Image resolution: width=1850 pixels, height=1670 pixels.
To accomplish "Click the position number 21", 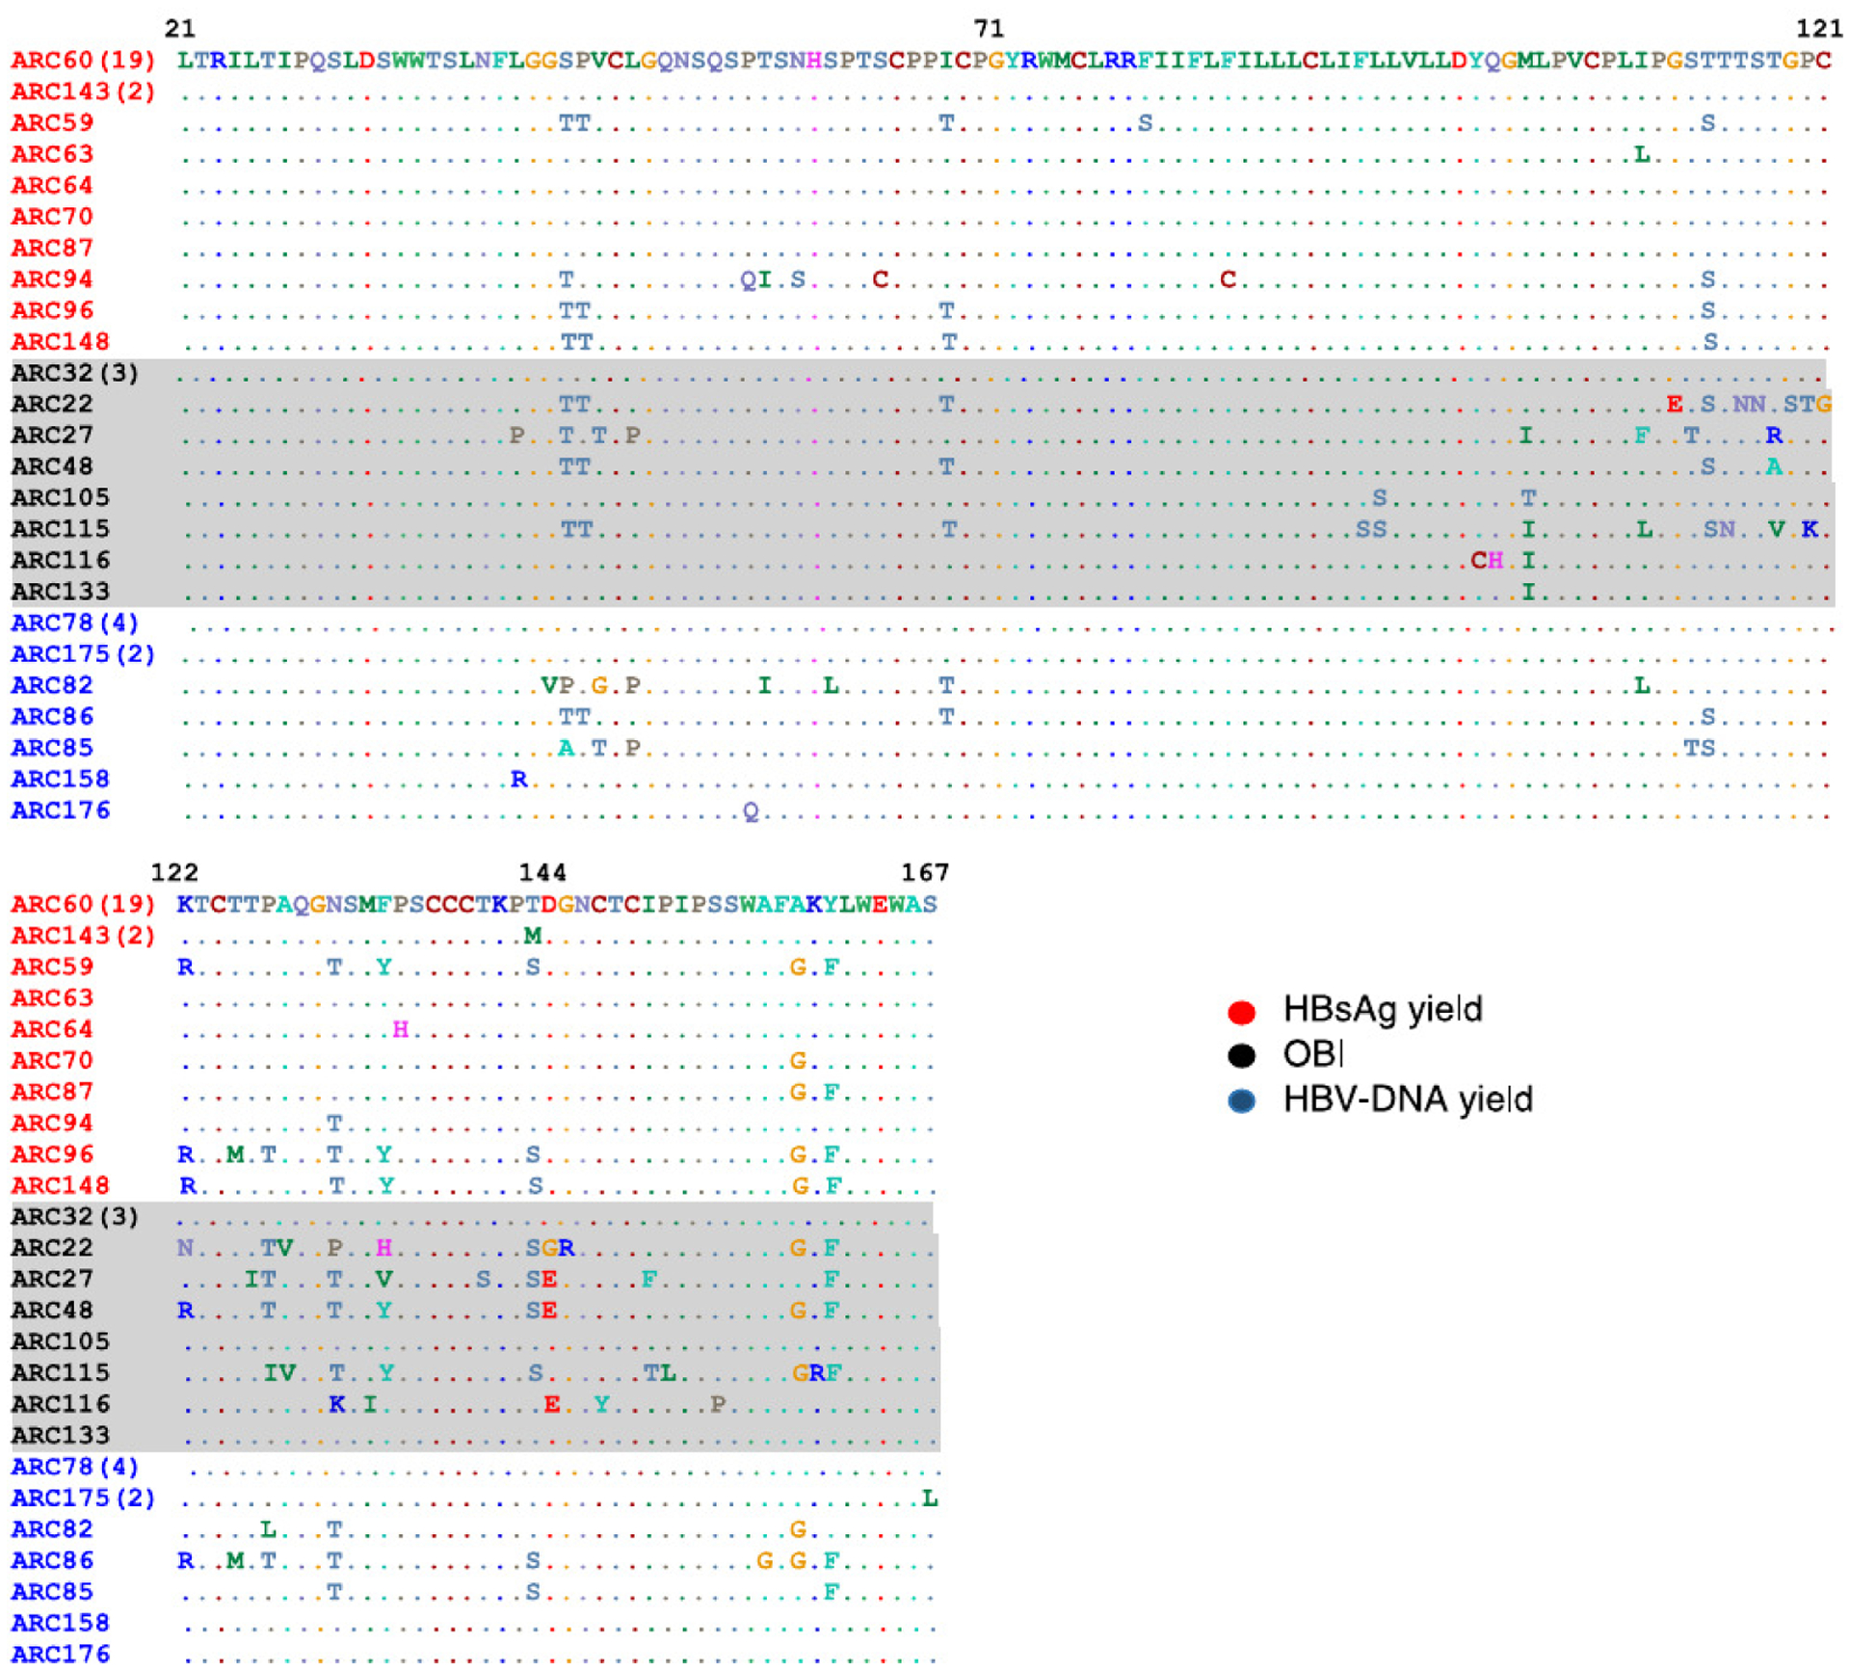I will (x=180, y=28).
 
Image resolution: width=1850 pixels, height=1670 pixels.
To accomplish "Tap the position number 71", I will (x=988, y=28).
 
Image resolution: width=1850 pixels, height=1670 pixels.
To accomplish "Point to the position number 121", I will (x=1818, y=28).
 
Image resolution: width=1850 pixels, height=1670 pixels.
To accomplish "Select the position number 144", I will (x=542, y=872).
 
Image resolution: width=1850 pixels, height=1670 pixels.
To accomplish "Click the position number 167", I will (x=924, y=872).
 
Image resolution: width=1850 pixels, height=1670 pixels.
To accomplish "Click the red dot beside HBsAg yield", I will (x=1241, y=1012).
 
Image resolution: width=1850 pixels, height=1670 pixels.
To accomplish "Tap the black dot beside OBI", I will (x=1241, y=1056).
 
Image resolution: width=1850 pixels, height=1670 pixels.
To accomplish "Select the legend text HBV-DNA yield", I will (x=1407, y=1100).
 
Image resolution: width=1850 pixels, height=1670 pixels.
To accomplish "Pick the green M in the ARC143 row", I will (x=533, y=935).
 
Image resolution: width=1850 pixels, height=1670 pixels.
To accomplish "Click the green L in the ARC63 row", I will (x=1642, y=154).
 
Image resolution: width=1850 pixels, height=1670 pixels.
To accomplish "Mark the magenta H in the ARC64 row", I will (x=400, y=1029).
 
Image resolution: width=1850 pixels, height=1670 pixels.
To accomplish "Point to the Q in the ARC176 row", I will (x=751, y=812).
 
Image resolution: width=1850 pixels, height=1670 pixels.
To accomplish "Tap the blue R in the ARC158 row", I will (x=518, y=779).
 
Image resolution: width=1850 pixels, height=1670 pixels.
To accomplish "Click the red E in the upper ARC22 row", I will (x=1675, y=404).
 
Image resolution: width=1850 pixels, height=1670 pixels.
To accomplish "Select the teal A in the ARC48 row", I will (x=1774, y=466).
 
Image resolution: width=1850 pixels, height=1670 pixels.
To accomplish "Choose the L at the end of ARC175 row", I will (x=929, y=1498).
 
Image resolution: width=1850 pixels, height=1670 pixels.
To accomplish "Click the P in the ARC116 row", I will (x=718, y=1404).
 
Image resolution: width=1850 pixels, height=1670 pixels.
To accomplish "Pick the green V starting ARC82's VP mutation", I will (x=549, y=685).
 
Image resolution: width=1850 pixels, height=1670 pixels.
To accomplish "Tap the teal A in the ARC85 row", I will (x=567, y=748).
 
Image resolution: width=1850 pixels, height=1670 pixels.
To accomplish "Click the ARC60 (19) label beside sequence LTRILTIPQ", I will (x=83, y=60).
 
